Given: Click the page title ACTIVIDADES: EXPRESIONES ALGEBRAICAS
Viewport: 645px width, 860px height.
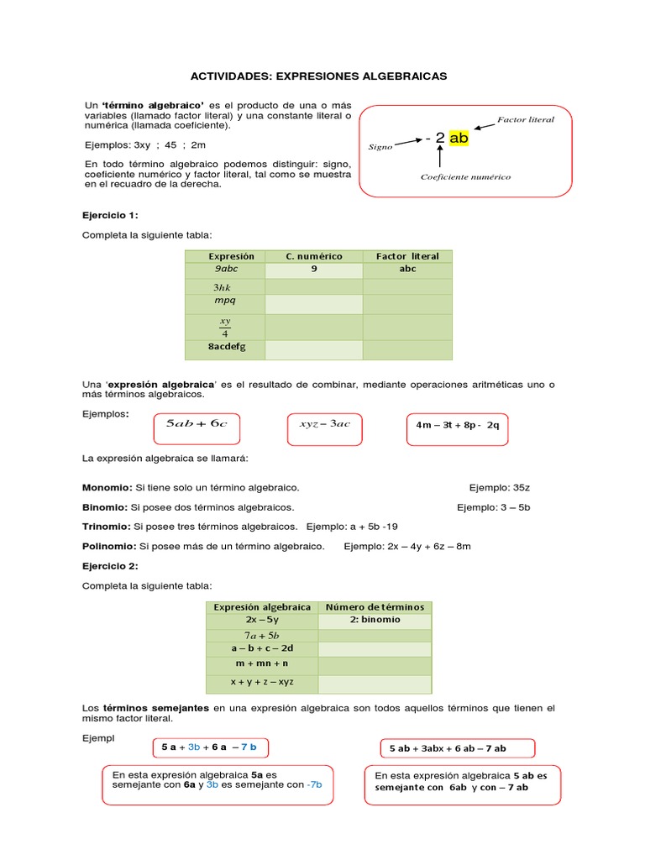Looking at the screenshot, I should click(x=319, y=76).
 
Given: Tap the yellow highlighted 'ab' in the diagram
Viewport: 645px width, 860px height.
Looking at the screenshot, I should click(x=459, y=138).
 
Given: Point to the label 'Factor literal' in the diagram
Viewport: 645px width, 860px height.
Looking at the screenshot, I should click(x=526, y=120).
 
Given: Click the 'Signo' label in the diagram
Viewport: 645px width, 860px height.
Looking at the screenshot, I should click(x=380, y=147).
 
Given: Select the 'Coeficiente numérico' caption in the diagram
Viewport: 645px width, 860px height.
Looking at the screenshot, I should click(x=465, y=177).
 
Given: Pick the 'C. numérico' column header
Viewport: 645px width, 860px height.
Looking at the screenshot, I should click(x=314, y=256).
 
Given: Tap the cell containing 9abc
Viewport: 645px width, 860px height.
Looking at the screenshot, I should click(x=224, y=270).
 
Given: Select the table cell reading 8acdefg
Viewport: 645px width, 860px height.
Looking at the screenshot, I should click(x=224, y=347).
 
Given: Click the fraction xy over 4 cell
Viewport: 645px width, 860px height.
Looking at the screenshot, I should click(x=224, y=326).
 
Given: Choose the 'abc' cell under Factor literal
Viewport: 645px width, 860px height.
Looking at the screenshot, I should click(x=407, y=270).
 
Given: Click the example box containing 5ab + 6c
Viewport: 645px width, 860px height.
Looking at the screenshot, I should click(x=197, y=424).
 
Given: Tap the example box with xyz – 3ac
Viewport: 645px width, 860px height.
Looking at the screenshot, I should click(x=324, y=424).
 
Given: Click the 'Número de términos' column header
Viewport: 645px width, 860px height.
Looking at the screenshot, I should click(x=374, y=607).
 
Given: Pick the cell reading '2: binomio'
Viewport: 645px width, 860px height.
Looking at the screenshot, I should click(x=374, y=620).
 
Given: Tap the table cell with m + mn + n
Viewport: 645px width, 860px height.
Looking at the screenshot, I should click(x=262, y=663).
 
